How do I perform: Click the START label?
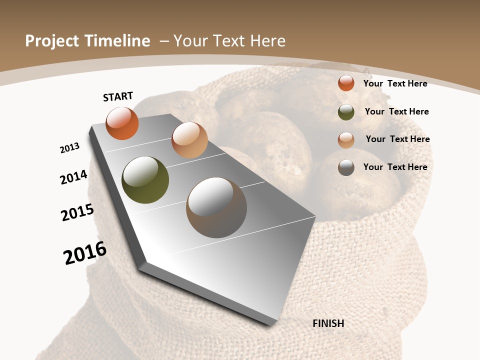point(118,96)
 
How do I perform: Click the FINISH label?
point(328,323)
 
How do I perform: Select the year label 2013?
point(69,148)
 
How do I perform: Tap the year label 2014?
point(74,177)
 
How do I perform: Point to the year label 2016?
point(85,253)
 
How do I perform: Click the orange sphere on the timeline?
point(122,123)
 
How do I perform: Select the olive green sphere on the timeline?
point(145,180)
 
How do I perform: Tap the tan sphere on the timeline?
point(189,140)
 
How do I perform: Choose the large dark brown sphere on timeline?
point(216,207)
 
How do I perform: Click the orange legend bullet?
point(346,83)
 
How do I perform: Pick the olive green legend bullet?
point(346,112)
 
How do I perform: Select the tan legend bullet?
point(346,140)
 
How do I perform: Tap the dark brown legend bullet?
point(346,167)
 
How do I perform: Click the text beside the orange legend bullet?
point(395,83)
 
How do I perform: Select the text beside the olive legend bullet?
point(396,111)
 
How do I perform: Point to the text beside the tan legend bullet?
point(397,139)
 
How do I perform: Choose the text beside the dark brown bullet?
point(395,167)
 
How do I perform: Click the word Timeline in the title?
point(118,41)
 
